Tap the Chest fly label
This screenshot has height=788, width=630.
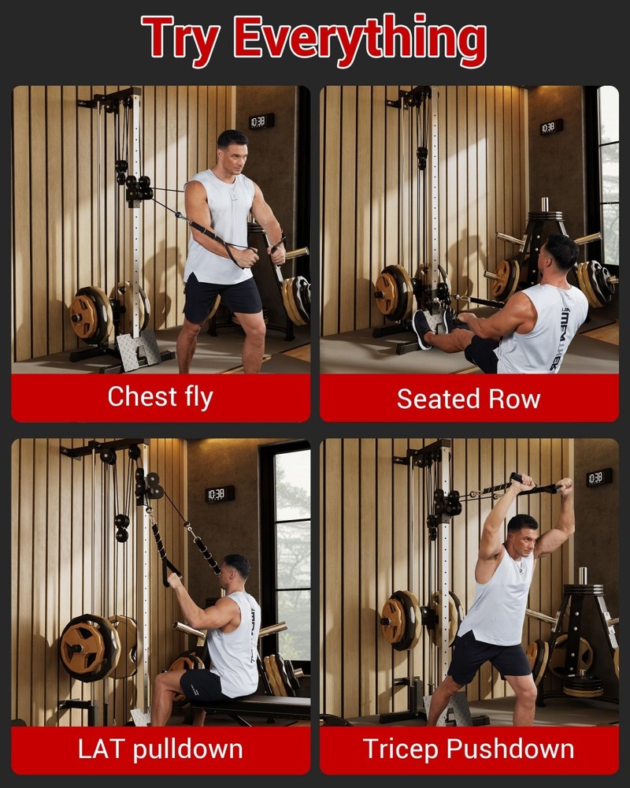(160, 396)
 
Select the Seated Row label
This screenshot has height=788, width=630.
(469, 399)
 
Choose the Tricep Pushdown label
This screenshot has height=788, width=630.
(469, 748)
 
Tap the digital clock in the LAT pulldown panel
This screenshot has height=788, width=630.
(220, 494)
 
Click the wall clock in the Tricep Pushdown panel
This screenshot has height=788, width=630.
(598, 478)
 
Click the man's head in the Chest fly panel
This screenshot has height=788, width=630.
(233, 151)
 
